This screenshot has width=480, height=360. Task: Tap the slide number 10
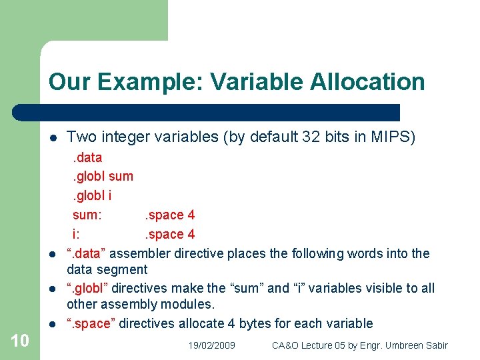[20, 341]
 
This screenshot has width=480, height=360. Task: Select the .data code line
[87, 157]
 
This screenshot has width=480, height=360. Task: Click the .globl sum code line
[103, 177]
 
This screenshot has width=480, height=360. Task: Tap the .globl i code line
[92, 196]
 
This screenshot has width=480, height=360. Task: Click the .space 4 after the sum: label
[169, 215]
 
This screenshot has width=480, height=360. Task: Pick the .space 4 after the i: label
[169, 235]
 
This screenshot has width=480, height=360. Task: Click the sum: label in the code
[87, 215]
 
